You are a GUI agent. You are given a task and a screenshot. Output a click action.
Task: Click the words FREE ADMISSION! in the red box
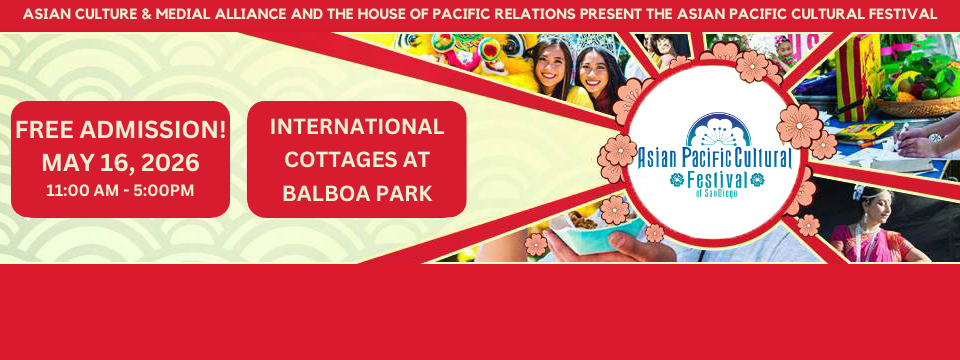[121, 130]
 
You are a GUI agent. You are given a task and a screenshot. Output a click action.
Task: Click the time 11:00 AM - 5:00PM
[120, 190]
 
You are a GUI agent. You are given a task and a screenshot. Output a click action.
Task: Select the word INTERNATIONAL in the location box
[357, 127]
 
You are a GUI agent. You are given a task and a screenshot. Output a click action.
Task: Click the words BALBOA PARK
[357, 193]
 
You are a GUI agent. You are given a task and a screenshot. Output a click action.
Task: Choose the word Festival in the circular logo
[717, 180]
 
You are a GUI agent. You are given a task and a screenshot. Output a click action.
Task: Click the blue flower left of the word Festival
[677, 179]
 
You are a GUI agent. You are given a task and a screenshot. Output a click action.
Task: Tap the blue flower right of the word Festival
[757, 179]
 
